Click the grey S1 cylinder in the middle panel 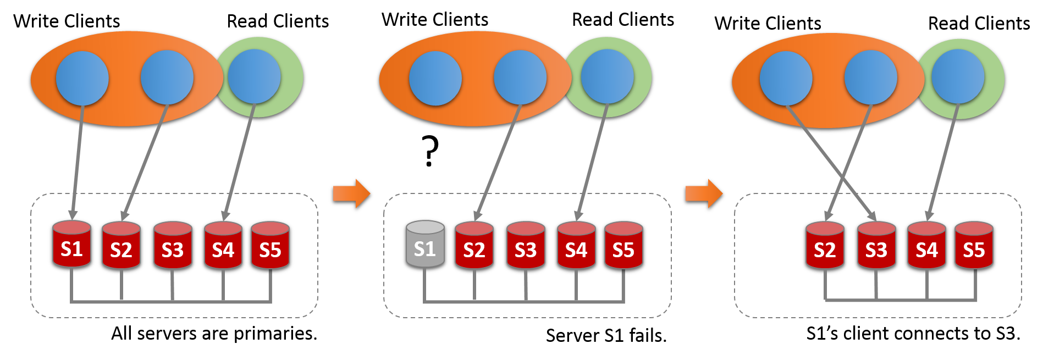pyautogui.click(x=425, y=245)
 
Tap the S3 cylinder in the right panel pyautogui.click(x=876, y=246)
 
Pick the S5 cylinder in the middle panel pyautogui.click(x=623, y=246)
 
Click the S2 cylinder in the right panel pyautogui.click(x=825, y=246)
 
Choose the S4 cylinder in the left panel pyautogui.click(x=223, y=246)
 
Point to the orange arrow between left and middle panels pyautogui.click(x=351, y=193)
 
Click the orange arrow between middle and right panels pyautogui.click(x=704, y=193)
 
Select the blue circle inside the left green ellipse pyautogui.click(x=254, y=76)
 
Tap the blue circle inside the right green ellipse pyautogui.click(x=958, y=76)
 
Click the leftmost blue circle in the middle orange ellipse pyautogui.click(x=435, y=79)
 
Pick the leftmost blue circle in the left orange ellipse pyautogui.click(x=82, y=79)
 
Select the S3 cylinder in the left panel pyautogui.click(x=173, y=246)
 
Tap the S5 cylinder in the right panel pyautogui.click(x=974, y=246)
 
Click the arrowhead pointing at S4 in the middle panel pyautogui.click(x=578, y=215)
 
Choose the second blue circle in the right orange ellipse pyautogui.click(x=871, y=77)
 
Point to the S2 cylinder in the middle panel pyautogui.click(x=474, y=246)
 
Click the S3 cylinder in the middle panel pyautogui.click(x=526, y=246)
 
